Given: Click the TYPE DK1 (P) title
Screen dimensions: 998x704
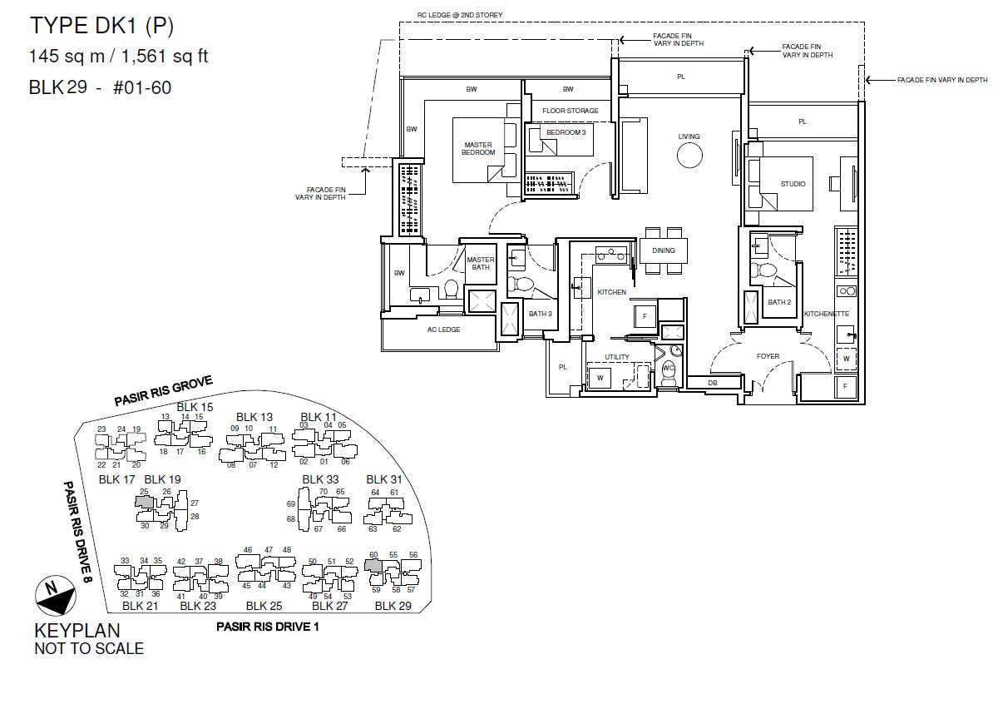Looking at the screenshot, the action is (101, 26).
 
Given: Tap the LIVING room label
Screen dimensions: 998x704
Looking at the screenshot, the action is (689, 136).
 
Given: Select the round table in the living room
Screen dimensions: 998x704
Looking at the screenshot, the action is (689, 156).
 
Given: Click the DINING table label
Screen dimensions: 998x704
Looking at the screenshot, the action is (664, 250).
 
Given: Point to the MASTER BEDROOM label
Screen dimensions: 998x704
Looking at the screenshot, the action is (478, 148).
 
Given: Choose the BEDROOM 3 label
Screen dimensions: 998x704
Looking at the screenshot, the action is (566, 132).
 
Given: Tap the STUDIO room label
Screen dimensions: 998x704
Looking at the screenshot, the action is (793, 184).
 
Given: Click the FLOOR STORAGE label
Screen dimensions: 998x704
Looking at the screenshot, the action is (571, 111).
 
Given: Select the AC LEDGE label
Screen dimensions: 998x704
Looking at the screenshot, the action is (443, 330).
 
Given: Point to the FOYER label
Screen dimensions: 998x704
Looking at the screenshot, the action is (768, 356).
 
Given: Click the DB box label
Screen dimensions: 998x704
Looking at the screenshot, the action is (713, 383).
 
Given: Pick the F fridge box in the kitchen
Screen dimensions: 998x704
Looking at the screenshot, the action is (645, 316).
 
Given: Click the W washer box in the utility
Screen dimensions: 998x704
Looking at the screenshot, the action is (600, 378).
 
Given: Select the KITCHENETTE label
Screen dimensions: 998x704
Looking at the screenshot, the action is (827, 314).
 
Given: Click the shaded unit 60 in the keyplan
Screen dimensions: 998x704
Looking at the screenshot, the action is (373, 566).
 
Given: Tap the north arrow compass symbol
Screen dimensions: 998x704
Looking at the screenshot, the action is (56, 596).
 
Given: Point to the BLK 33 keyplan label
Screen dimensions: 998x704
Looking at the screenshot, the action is (320, 479).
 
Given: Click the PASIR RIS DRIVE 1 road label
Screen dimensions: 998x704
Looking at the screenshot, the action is (267, 627).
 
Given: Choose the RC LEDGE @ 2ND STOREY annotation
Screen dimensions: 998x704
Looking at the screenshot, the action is (460, 15).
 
